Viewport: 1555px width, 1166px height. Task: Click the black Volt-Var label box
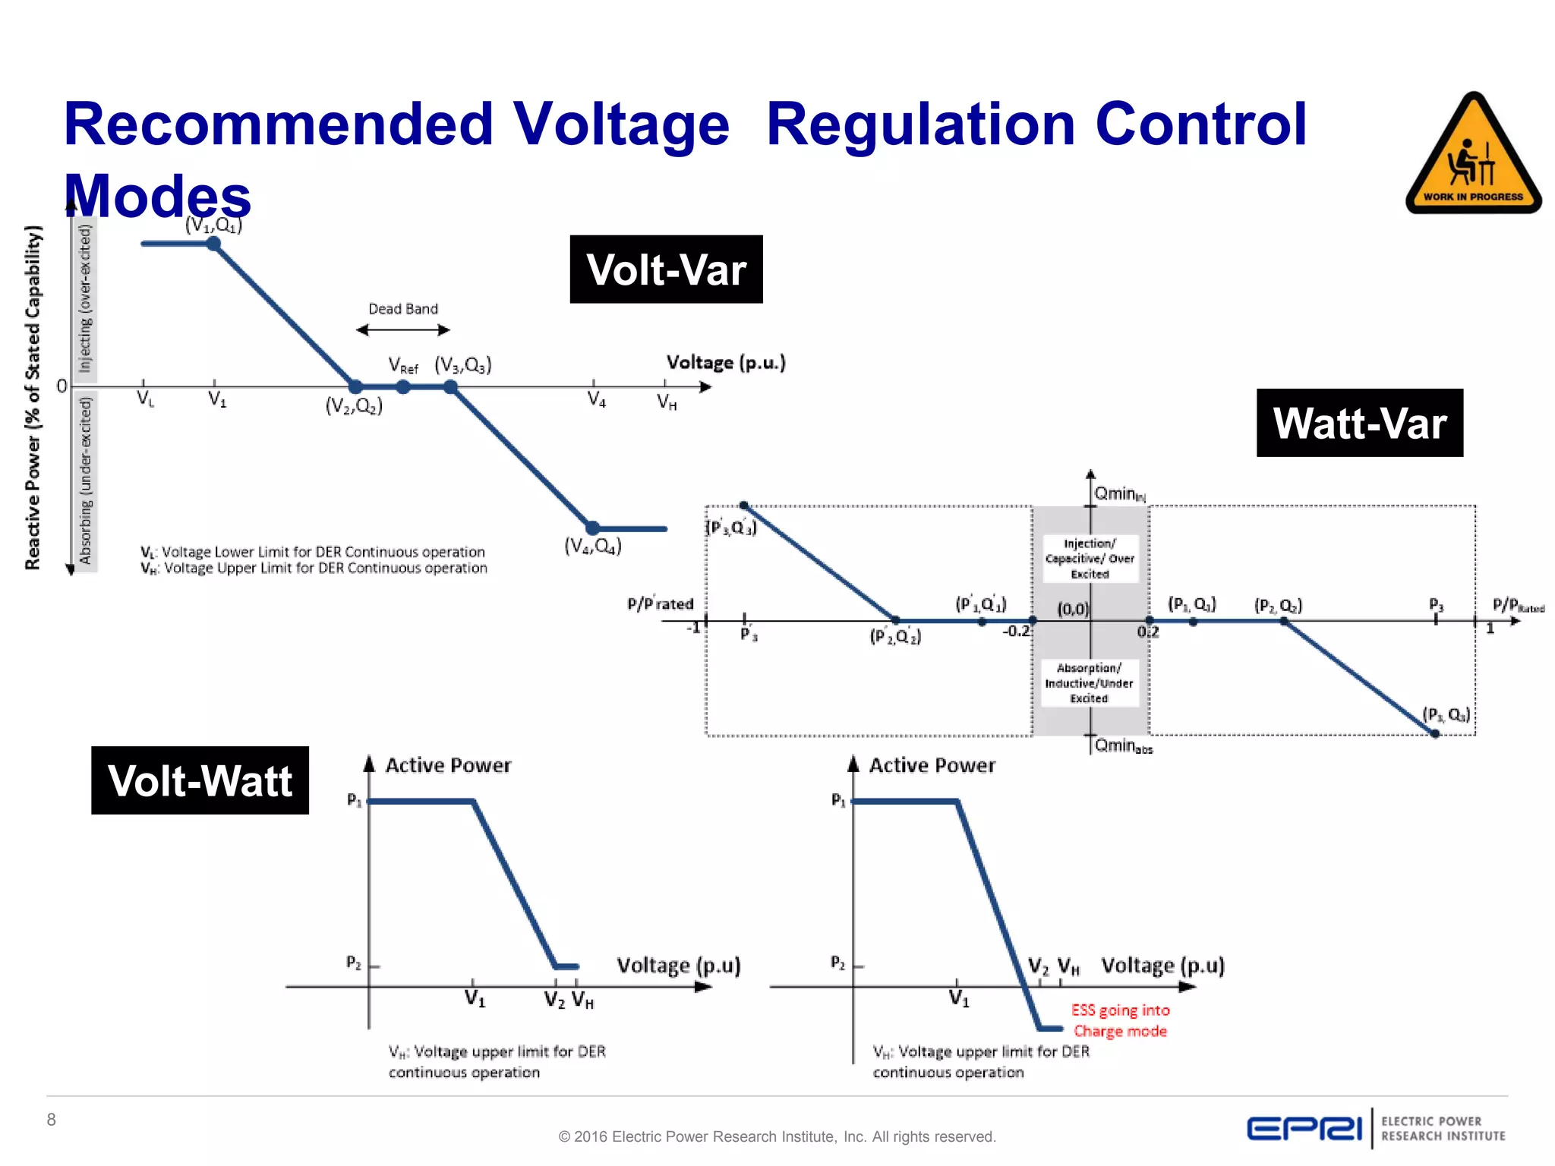pos(666,269)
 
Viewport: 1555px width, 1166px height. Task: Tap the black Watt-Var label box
pos(1359,423)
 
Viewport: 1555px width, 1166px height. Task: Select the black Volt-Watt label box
pos(200,780)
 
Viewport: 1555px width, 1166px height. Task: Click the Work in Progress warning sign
pos(1473,155)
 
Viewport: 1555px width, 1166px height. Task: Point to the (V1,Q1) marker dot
pos(214,244)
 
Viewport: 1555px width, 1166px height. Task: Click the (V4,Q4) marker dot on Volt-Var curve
pos(592,528)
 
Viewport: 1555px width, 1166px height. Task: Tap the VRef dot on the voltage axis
pos(403,387)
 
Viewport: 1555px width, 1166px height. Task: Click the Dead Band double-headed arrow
pos(403,329)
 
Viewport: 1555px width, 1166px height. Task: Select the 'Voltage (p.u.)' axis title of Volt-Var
pos(726,363)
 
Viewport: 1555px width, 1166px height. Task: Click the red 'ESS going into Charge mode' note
pos(1120,1020)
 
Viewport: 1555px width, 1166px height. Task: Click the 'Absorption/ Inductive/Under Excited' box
pos(1090,682)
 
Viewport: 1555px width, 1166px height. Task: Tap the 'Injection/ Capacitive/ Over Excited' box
pos(1090,559)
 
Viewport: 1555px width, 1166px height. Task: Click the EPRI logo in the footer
pos(1304,1129)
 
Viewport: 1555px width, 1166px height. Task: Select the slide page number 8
pos(52,1120)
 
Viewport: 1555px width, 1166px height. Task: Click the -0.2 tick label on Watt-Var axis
pos(1016,632)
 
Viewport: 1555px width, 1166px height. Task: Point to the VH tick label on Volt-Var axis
pos(667,402)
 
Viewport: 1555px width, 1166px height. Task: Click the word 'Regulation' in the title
pos(921,124)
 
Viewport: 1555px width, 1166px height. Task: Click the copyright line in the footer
pos(777,1136)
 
